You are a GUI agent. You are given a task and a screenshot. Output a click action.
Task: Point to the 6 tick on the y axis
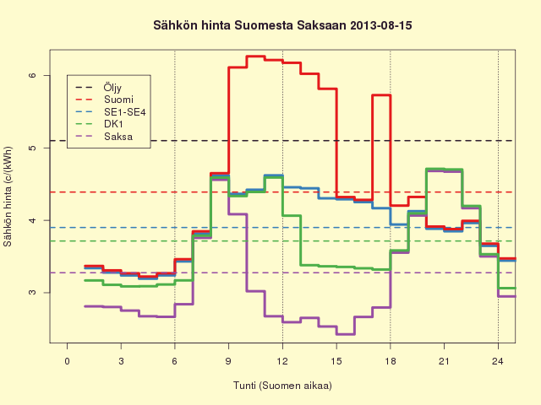pos(32,75)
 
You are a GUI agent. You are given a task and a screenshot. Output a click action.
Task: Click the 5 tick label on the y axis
pos(32,148)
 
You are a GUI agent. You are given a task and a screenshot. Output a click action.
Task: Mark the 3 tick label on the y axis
pos(32,293)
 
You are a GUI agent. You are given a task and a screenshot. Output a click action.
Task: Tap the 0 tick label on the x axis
pos(68,361)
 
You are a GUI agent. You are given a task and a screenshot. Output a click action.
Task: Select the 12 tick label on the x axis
pos(282,361)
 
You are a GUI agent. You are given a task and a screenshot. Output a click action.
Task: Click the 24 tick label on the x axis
pos(498,361)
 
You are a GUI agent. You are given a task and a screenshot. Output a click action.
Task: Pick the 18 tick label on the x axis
pos(391,361)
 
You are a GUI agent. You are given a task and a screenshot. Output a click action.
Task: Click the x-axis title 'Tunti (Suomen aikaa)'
pos(282,386)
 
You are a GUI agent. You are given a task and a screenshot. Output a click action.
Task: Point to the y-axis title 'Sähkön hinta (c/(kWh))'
pos(8,197)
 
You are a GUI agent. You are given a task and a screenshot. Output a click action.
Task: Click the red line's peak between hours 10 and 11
pos(255,57)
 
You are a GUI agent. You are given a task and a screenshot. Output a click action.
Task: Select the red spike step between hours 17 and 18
pos(381,95)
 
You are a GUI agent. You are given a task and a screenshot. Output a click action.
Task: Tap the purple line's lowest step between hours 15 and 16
pos(346,334)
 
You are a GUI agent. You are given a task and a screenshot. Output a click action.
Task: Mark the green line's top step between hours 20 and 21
pos(435,169)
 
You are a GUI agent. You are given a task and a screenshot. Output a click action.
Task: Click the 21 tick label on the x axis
pos(444,361)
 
